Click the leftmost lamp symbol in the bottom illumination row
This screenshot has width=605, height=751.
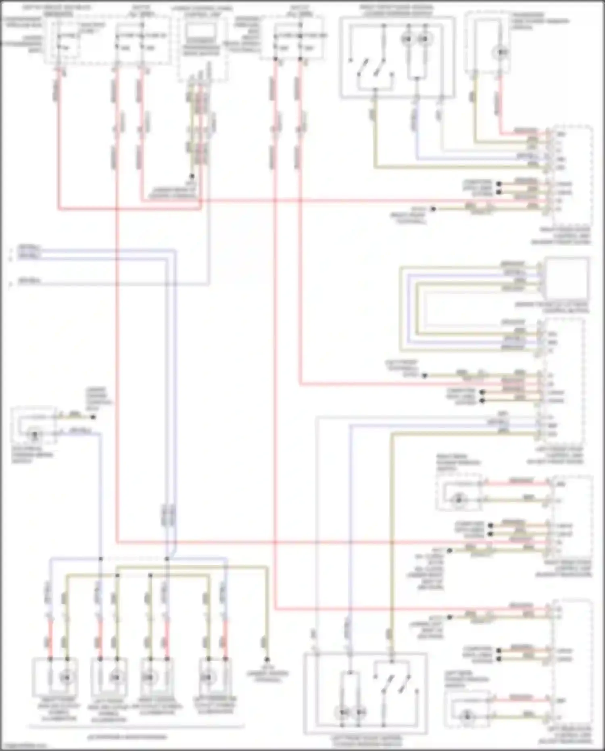point(66,677)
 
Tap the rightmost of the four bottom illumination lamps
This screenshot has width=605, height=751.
point(208,677)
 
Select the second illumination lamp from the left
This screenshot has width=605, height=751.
point(116,677)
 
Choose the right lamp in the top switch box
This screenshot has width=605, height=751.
point(422,39)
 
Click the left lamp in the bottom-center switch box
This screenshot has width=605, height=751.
point(343,713)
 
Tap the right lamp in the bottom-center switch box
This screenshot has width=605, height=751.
point(359,713)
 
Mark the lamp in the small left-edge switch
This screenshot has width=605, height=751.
point(35,435)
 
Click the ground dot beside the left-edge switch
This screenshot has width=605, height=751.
point(93,417)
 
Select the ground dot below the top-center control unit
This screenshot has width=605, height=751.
point(192,176)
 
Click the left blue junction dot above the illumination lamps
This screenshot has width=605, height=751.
point(100,559)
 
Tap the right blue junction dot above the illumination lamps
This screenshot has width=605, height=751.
point(167,559)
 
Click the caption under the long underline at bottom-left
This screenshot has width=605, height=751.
point(127,737)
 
